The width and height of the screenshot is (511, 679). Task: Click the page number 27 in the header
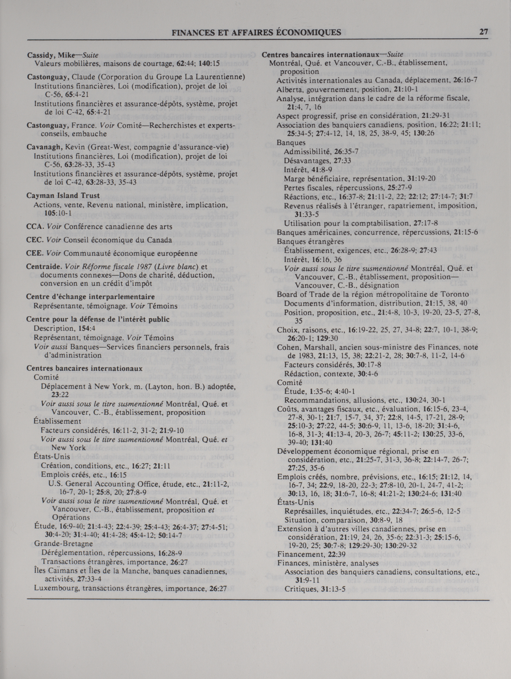coord(484,32)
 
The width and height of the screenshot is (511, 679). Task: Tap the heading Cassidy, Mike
coord(50,55)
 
